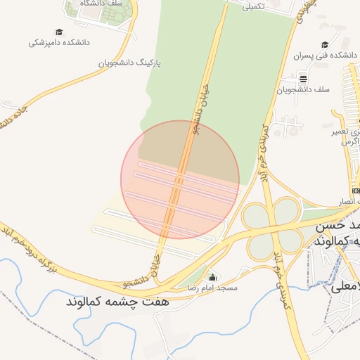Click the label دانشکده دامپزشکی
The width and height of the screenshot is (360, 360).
[59, 42]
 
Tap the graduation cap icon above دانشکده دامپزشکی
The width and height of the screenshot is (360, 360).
[59, 32]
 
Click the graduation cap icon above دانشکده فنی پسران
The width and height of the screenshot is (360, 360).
[324, 44]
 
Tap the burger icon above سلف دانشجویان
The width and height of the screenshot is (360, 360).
[303, 78]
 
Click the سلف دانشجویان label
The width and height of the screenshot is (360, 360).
[303, 89]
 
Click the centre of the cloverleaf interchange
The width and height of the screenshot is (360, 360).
[272, 225]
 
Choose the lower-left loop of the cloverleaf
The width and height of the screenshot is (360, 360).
[257, 240]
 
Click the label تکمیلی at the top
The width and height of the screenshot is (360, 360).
[253, 7]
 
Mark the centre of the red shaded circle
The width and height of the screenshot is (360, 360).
[180, 180]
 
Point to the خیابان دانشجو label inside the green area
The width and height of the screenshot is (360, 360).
[198, 116]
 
